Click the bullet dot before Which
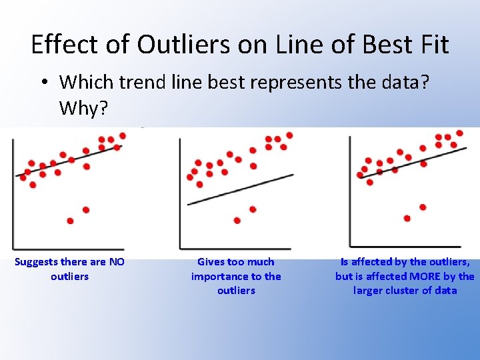click(43, 83)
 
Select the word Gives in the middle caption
click(212, 262)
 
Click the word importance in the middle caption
click(217, 276)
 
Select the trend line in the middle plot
click(240, 189)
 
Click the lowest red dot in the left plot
click(70, 221)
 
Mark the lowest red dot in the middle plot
click(237, 221)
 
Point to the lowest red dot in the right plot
click(407, 218)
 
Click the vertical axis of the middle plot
click(180, 193)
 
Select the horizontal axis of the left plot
click(67, 249)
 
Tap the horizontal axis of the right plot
click(407, 247)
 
